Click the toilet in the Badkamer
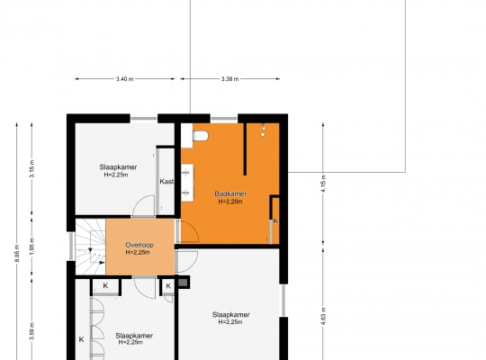coord(200,136)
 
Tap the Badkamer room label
coord(230,193)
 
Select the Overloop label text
coord(139,245)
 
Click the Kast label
coord(166,182)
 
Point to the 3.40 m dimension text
coord(124,79)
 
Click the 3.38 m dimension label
coord(230,79)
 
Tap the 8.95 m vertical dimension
coord(17,253)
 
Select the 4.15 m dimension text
coord(323,184)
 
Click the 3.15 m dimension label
coord(31,168)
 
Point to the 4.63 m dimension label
coord(323,316)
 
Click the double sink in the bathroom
coord(187,183)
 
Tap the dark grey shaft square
coord(183,283)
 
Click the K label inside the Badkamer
coord(275,220)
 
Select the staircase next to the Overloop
coord(91,247)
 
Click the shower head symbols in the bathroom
coord(263,130)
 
